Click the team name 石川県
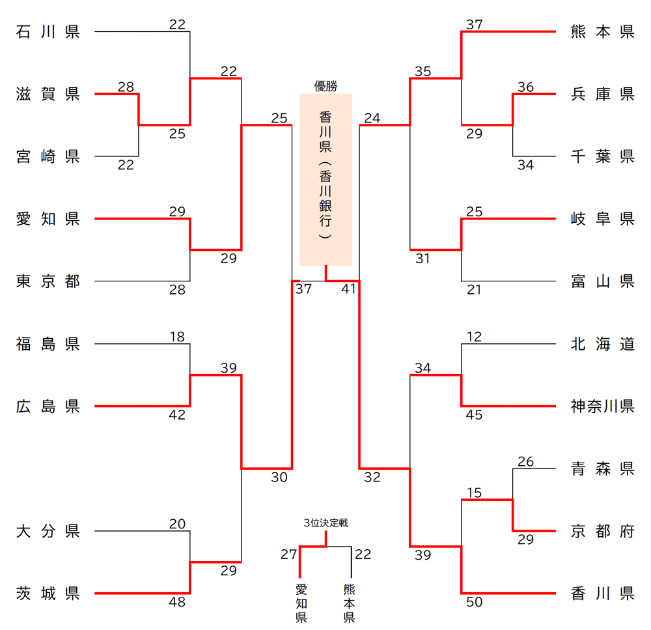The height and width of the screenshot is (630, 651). coord(48,32)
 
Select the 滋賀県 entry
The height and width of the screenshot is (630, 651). coord(48,94)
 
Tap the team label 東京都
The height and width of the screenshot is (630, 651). coord(48,281)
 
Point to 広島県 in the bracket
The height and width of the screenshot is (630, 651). coord(48,407)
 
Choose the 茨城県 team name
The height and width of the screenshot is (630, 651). coord(48,594)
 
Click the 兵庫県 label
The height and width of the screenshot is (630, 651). coord(602,94)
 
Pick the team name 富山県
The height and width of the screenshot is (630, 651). coord(602,281)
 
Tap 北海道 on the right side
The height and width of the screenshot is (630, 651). coord(602,344)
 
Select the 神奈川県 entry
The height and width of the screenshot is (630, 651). coord(602,407)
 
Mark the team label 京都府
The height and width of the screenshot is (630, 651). coord(602,531)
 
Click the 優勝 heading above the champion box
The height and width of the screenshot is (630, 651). coord(325,85)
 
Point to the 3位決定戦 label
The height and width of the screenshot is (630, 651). coord(325,523)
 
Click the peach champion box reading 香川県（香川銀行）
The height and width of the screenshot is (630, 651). coord(325,179)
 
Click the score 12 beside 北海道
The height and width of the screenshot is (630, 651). coord(475,337)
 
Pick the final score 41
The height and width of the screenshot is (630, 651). coord(349,289)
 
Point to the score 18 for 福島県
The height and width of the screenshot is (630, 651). coord(177,337)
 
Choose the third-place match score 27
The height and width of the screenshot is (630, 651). coord(289,554)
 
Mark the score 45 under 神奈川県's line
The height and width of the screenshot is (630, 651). coord(475,415)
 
